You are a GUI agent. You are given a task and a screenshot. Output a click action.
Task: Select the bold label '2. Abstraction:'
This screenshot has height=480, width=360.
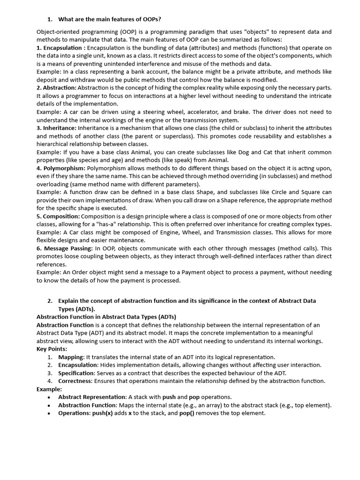pos(56,88)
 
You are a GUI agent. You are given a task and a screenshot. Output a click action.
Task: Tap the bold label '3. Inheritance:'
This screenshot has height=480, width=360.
pos(56,128)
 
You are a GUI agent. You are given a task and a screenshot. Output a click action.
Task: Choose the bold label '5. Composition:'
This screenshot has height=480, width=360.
pos(58,216)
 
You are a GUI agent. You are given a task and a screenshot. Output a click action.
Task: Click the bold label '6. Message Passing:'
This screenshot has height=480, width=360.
pos(64,248)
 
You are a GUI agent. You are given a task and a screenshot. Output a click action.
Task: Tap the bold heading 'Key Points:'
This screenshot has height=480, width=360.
pos(52,349)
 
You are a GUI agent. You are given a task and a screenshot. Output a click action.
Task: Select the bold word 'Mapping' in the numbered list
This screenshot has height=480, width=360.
pos(71,357)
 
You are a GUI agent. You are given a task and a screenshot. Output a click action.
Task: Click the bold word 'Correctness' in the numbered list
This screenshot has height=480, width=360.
pos(75,381)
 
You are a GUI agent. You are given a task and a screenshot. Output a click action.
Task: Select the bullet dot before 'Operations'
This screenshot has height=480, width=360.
pos(49,413)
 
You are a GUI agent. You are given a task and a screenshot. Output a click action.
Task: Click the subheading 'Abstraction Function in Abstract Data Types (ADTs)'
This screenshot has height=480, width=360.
pos(106,317)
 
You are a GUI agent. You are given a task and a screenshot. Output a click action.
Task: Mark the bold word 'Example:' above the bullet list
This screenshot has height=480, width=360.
pos(49,389)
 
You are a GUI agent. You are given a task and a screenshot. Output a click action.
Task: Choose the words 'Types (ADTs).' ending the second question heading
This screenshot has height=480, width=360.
pos(76,309)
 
